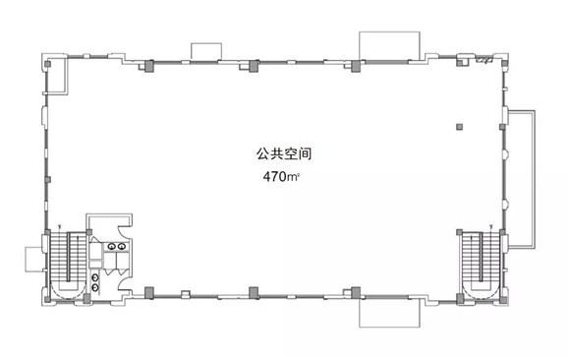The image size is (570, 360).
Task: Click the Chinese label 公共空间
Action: coord(284,154)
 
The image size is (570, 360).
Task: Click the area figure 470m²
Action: coord(281,177)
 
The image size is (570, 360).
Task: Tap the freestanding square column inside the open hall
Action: coord(460,127)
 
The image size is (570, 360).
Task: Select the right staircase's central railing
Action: coord(481,257)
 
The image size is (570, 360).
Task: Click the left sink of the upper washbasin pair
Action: coord(112,247)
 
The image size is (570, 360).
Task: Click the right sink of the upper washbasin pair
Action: coord(122,247)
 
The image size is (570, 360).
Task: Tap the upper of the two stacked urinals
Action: coord(95,277)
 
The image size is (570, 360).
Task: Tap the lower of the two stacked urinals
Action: coord(95,287)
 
